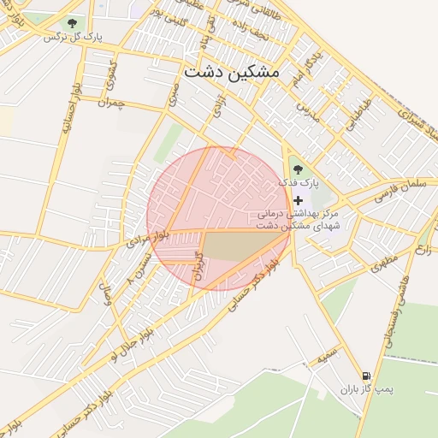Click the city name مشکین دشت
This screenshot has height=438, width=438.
230,73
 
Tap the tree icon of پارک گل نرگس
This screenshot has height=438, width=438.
70,23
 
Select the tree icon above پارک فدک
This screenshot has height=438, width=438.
298,169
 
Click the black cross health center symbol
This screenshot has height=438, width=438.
298,199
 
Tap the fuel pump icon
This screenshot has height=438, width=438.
366,376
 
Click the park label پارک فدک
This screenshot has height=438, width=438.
302,183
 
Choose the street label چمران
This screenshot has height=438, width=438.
111,102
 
